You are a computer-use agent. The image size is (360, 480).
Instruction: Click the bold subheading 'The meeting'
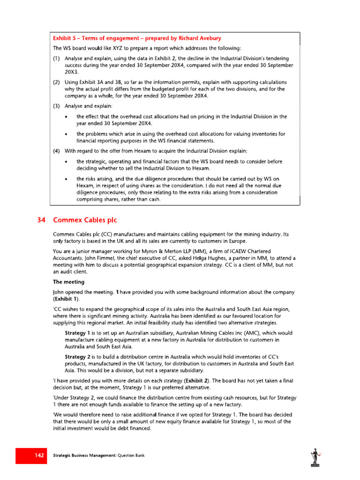(x=68, y=282)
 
